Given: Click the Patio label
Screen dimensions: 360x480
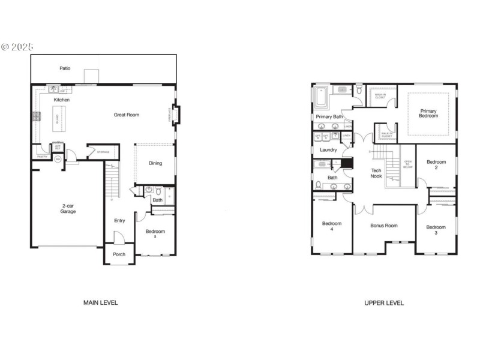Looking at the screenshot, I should [x=65, y=68].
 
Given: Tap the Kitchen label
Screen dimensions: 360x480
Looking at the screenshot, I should [x=62, y=100].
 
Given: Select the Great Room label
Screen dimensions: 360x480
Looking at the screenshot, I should [x=127, y=115].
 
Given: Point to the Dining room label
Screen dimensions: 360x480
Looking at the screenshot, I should [x=155, y=163].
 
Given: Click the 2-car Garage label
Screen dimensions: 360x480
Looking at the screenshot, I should [x=68, y=209].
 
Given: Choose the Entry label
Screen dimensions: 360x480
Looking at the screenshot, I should [x=119, y=221].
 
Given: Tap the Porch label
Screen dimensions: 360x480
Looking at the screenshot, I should [x=119, y=254].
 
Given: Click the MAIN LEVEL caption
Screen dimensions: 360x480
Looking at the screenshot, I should [x=100, y=303].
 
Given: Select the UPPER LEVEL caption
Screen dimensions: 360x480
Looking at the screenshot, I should [x=384, y=303].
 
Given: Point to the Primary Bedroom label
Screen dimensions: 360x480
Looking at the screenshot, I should [x=428, y=113].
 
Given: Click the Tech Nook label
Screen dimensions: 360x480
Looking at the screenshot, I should [x=376, y=173].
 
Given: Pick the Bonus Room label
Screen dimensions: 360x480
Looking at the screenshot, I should [x=383, y=226].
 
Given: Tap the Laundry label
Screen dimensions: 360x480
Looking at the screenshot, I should [x=328, y=150].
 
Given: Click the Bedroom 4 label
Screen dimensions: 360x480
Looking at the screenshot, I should [x=332, y=226].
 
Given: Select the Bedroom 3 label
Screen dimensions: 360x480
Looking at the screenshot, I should [x=436, y=230].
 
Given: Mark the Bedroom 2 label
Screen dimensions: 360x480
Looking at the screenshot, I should [x=436, y=164].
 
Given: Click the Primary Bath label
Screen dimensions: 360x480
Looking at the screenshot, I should [x=329, y=117].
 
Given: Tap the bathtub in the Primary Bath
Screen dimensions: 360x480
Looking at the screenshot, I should [x=320, y=96].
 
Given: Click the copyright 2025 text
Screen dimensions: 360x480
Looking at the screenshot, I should [x=17, y=46].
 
